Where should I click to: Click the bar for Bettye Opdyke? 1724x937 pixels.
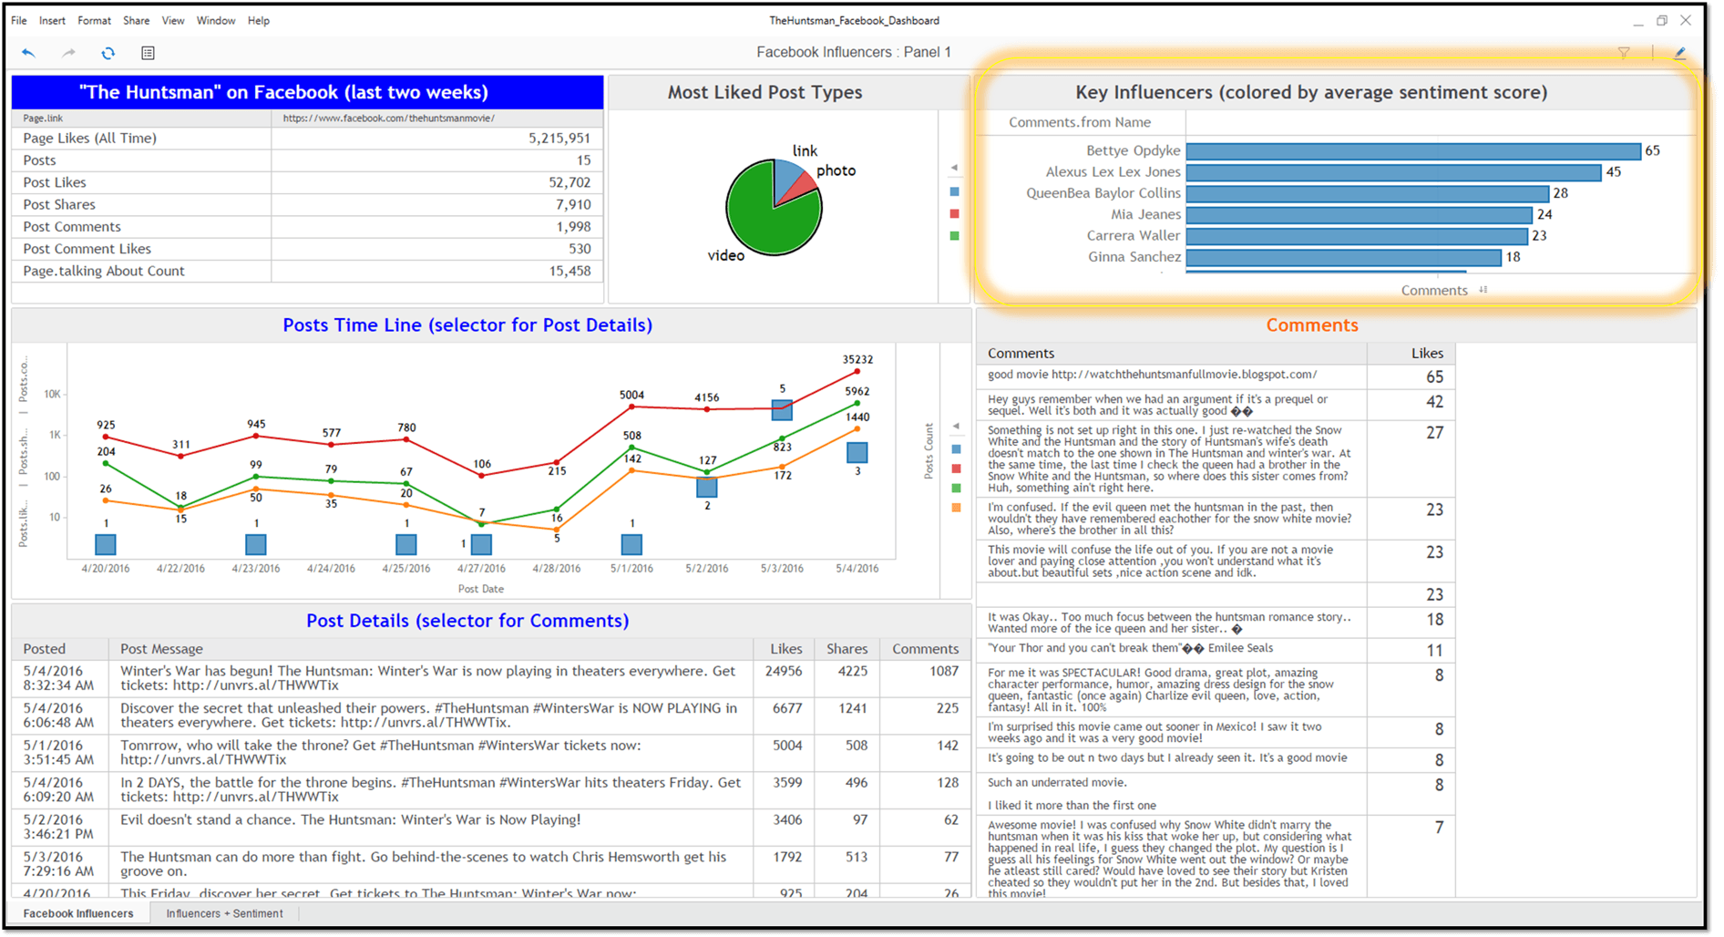(x=1412, y=151)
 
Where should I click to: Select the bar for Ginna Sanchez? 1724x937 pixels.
(x=1343, y=258)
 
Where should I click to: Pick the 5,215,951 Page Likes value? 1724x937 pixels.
(x=559, y=139)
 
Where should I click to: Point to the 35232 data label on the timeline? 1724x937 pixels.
(x=857, y=360)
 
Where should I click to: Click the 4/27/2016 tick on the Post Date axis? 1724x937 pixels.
(x=481, y=569)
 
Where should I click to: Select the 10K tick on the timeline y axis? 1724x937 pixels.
(x=52, y=395)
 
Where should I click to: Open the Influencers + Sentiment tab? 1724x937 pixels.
(x=224, y=913)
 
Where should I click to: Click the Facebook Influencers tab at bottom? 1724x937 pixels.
(x=78, y=913)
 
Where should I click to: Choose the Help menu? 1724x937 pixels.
(x=258, y=20)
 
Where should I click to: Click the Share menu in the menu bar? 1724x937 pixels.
(x=136, y=20)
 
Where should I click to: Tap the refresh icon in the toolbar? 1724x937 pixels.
(x=108, y=53)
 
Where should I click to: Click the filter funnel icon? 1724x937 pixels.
(x=1624, y=53)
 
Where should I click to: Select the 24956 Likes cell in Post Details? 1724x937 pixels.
(x=784, y=672)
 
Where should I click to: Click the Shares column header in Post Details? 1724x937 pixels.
(x=847, y=649)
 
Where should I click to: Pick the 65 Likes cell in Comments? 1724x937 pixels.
(x=1434, y=377)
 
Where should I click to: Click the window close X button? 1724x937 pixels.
(x=1686, y=20)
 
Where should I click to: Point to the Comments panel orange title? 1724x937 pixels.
(x=1311, y=325)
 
